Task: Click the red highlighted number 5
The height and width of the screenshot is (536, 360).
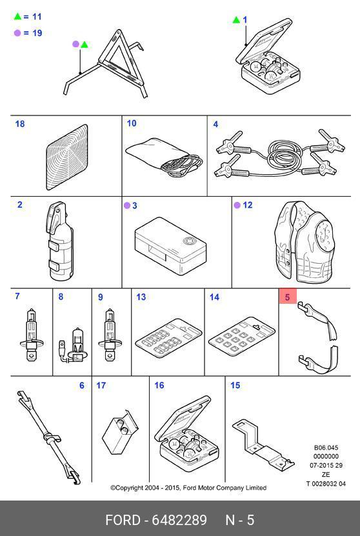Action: tap(287, 297)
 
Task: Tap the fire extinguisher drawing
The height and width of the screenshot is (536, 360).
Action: tap(61, 241)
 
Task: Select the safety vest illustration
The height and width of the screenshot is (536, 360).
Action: tap(304, 242)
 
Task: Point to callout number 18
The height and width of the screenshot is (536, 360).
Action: tap(20, 124)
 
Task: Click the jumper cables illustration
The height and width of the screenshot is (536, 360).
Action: tap(279, 152)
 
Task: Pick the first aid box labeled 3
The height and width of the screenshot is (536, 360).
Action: tap(170, 246)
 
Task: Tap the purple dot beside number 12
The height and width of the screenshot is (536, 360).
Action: tap(237, 205)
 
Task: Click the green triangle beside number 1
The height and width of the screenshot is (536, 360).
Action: tap(236, 19)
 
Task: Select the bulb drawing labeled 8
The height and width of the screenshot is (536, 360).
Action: tap(72, 346)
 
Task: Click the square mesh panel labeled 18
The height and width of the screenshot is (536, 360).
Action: tap(67, 157)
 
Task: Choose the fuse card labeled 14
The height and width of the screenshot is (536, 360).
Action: tap(242, 339)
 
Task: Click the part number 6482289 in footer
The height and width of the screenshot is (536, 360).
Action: tap(179, 520)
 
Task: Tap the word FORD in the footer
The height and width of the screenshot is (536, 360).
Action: tap(123, 520)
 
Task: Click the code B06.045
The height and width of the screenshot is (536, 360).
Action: tap(326, 448)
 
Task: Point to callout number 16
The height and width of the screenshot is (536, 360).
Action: tap(159, 385)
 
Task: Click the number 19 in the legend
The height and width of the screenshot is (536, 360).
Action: tap(37, 33)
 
